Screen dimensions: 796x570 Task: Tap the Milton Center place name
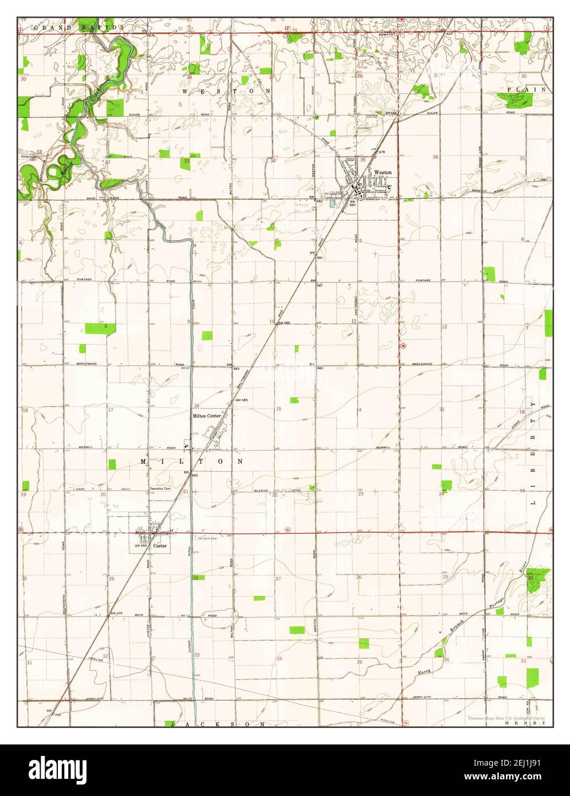(207, 416)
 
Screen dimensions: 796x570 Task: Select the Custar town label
(160, 546)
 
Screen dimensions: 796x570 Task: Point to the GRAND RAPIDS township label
(79, 27)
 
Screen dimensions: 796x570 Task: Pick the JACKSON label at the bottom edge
(218, 724)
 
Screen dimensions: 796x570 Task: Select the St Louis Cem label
(207, 538)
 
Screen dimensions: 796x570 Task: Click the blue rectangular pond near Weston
(332, 203)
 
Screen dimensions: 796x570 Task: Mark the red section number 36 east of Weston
(435, 157)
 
